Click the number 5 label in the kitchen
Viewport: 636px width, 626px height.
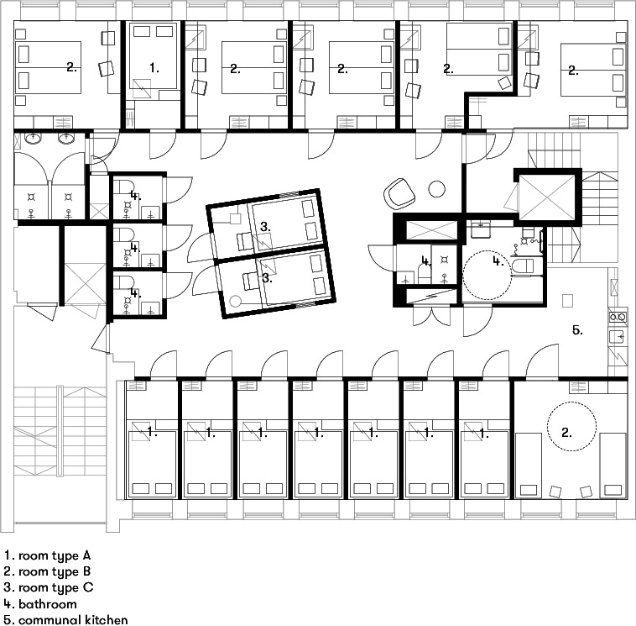coord(577,330)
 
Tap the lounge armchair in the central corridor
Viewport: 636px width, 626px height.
coord(399,192)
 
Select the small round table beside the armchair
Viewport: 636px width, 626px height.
coord(437,188)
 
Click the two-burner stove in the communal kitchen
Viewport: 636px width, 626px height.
coord(618,317)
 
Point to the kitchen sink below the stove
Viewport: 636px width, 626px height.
coord(617,337)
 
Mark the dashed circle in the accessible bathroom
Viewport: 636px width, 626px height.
coord(487,275)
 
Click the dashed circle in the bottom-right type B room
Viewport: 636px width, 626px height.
coord(572,426)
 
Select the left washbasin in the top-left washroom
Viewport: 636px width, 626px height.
coord(33,138)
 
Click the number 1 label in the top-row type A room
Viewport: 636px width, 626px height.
coord(154,68)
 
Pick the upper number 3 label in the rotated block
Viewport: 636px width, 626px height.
coord(265,227)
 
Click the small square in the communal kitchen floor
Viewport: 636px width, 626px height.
coord(567,301)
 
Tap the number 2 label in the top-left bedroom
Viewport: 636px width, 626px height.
coord(71,67)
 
